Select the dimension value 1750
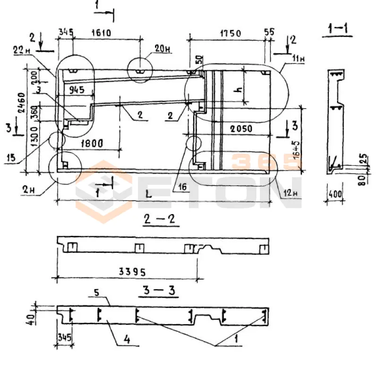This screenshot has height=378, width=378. (231, 34)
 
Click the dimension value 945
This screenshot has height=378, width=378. (79, 89)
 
